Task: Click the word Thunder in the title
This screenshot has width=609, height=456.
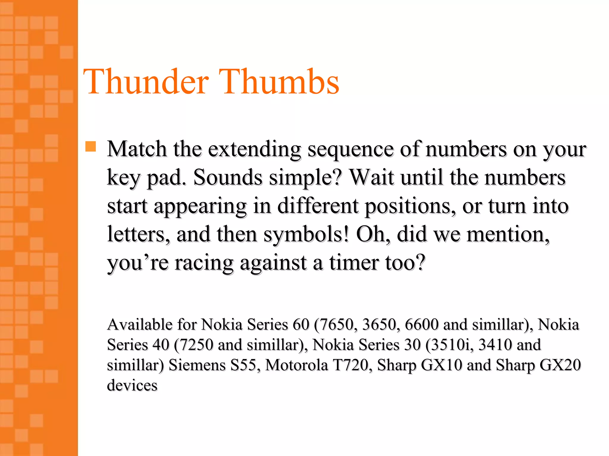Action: [x=146, y=82]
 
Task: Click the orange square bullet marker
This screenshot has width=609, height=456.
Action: [x=91, y=147]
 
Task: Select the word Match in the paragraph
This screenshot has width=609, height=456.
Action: [x=137, y=149]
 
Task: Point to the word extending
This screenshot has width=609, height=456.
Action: [x=255, y=149]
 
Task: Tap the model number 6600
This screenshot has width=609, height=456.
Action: [x=421, y=324]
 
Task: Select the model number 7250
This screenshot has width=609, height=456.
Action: [x=196, y=345]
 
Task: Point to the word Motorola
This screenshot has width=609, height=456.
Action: [x=296, y=365]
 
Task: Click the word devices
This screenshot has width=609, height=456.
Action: [x=132, y=385]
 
